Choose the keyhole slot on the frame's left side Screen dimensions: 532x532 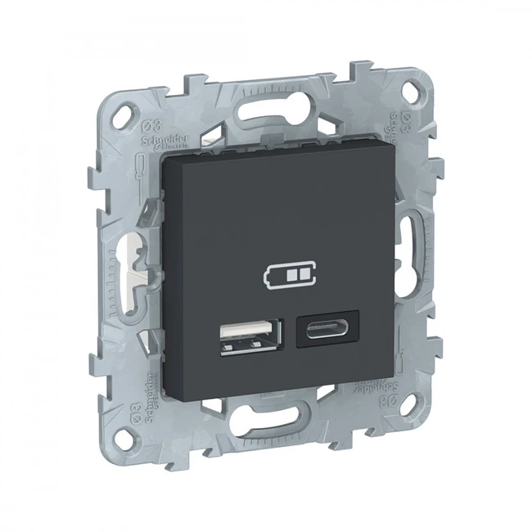click(x=128, y=262)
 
